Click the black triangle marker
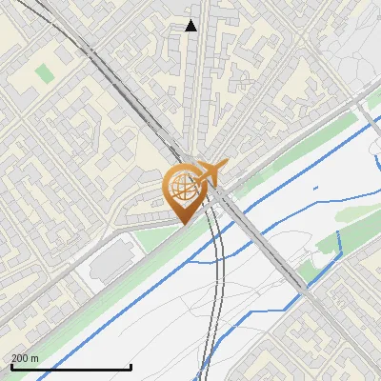point(191,26)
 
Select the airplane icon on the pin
point(207,173)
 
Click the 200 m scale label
point(25,358)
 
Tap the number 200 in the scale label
point(20,358)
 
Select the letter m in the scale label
point(34,359)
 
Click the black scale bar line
point(70,367)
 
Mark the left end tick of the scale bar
point(11,365)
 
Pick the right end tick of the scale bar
point(130,365)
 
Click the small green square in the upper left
point(45,72)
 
